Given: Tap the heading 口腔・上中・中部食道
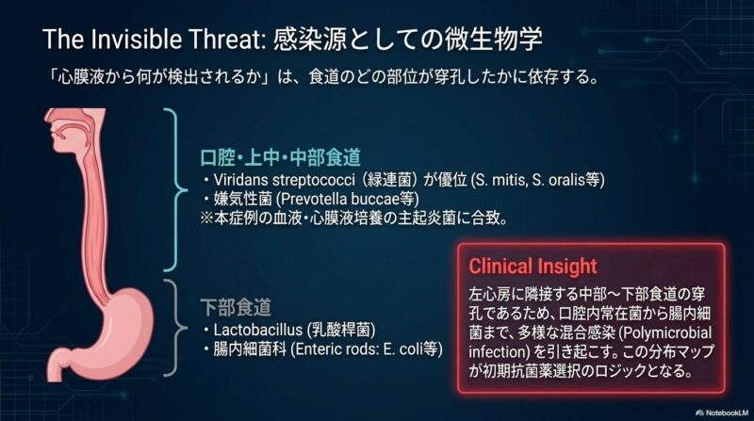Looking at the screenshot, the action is click(280, 157).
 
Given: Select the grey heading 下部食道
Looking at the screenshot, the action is click(236, 308).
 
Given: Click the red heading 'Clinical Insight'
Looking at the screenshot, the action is click(533, 267).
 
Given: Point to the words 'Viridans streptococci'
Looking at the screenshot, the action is click(285, 180).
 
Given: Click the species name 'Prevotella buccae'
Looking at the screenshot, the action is click(337, 199).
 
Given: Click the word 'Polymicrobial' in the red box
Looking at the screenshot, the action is click(666, 332).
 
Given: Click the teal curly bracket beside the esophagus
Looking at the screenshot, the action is click(175, 190).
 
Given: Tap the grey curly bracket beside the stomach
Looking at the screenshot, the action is click(175, 328).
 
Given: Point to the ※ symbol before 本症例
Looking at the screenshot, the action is click(206, 219).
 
